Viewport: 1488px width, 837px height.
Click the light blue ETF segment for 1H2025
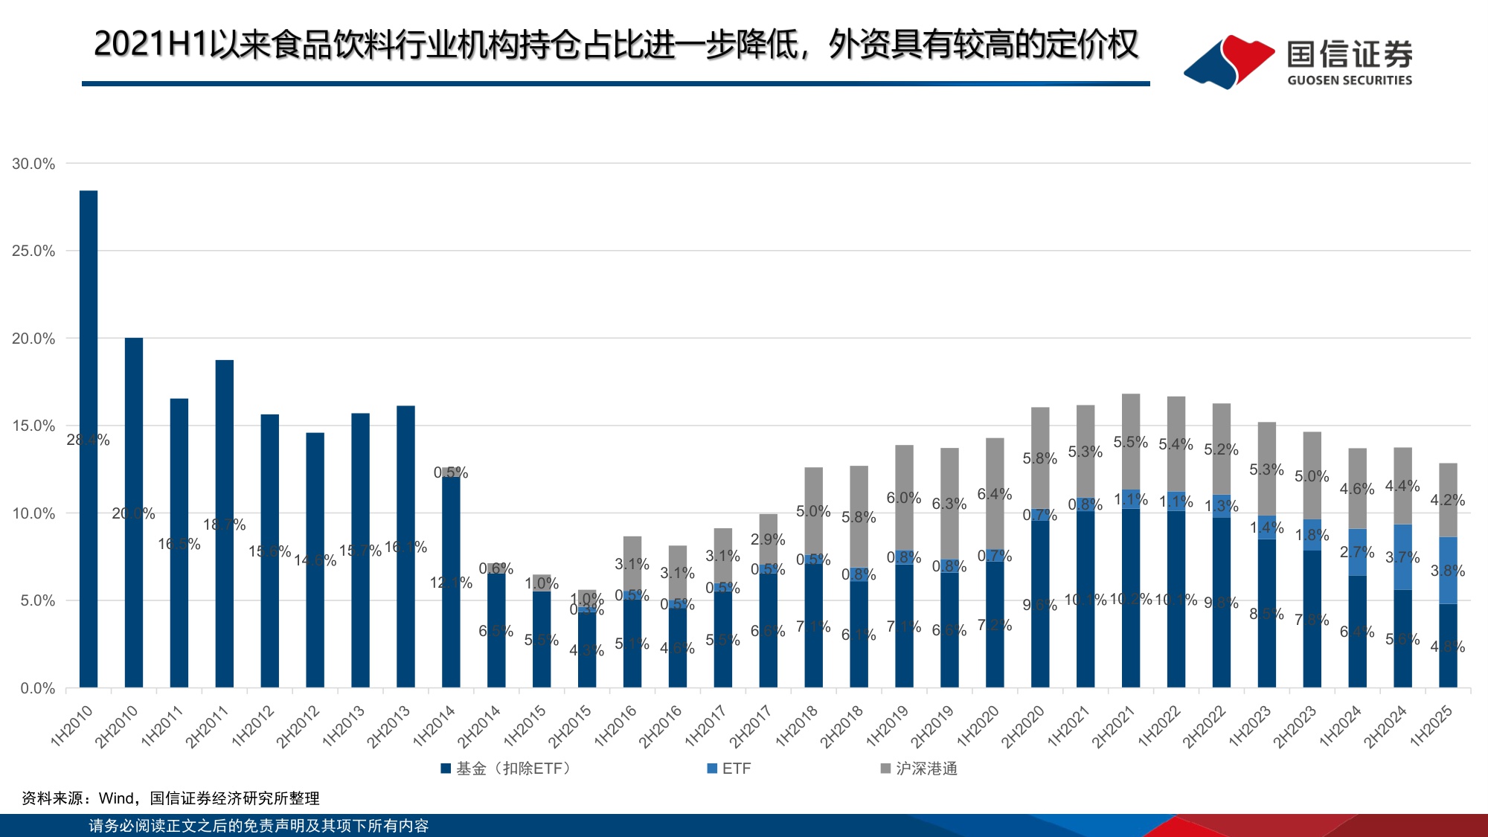[x=1448, y=570]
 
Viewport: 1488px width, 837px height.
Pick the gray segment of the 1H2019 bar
[x=904, y=497]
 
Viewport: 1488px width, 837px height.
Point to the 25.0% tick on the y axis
[x=34, y=251]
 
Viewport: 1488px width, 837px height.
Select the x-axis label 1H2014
[x=434, y=725]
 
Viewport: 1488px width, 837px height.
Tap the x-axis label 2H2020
[x=1022, y=725]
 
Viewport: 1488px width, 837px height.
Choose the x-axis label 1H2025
[x=1431, y=725]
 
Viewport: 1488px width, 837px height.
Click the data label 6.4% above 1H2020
[x=995, y=494]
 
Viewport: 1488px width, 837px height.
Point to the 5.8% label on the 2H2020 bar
[x=1039, y=458]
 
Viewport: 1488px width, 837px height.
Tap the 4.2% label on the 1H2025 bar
[x=1447, y=500]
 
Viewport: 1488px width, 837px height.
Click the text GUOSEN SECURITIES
[x=1350, y=80]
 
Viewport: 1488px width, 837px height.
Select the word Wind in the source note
[x=116, y=798]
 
